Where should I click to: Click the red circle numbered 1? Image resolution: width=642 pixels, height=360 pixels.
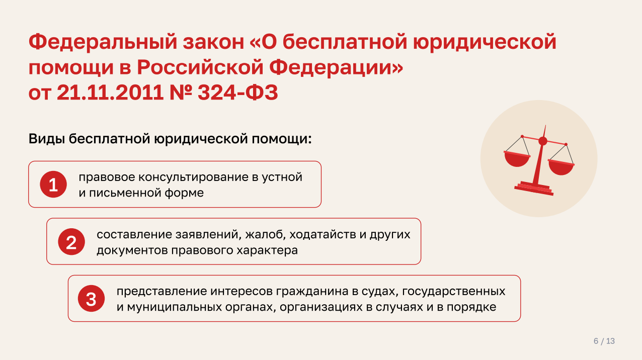(53, 185)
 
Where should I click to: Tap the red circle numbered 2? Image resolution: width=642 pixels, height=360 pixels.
(71, 242)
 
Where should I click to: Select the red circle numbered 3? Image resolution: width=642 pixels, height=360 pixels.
(91, 299)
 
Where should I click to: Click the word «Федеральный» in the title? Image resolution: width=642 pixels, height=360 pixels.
(103, 42)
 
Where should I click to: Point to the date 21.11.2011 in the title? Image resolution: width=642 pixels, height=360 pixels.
(110, 93)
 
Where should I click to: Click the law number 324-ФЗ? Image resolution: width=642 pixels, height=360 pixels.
(238, 93)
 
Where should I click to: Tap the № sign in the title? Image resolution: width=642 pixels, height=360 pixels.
(181, 93)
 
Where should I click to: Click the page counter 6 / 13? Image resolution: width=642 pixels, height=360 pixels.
(604, 341)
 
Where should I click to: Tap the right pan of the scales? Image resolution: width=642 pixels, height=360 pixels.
(561, 167)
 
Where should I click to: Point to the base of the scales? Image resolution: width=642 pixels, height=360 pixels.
(534, 189)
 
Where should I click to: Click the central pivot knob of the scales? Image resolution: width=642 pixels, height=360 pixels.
(543, 141)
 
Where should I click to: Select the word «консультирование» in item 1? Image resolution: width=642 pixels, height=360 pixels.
(193, 177)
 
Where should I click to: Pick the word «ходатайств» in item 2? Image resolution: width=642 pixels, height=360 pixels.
(323, 235)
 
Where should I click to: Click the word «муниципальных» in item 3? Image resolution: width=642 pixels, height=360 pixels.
(174, 307)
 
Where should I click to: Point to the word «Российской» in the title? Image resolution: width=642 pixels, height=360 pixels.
(200, 67)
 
